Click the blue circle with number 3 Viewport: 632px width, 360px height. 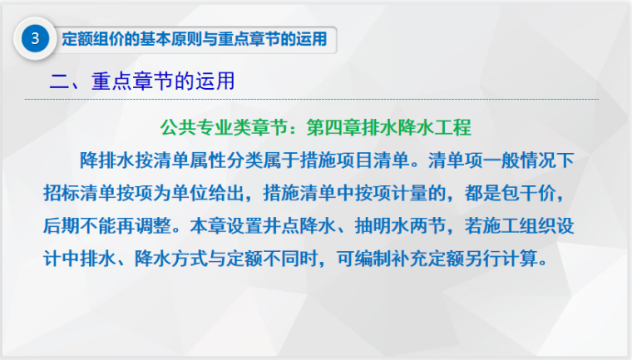pyautogui.click(x=34, y=38)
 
